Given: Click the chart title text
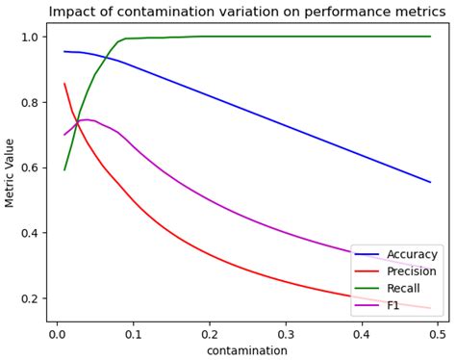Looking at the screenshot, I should (x=248, y=13).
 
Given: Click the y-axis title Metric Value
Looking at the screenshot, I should (x=11, y=172).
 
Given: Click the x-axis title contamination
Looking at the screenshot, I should (x=247, y=350).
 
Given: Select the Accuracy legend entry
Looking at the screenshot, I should (x=412, y=254).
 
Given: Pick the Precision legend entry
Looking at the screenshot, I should (x=412, y=271).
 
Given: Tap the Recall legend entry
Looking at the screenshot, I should (x=405, y=289).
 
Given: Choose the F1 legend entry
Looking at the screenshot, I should (x=394, y=306).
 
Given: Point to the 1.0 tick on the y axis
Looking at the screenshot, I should (x=30, y=37).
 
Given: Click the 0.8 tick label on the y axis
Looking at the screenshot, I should (x=30, y=102).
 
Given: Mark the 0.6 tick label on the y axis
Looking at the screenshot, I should (x=30, y=167).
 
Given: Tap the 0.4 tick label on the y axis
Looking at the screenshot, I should (x=30, y=233).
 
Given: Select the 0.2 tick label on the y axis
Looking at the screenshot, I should (x=30, y=298).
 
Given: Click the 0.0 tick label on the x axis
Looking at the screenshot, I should (x=57, y=333).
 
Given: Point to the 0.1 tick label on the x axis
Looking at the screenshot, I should (x=133, y=333).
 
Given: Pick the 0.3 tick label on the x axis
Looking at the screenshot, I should (x=285, y=333).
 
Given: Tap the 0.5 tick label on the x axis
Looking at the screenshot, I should (x=438, y=333).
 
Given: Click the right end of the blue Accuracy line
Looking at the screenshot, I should (x=430, y=182).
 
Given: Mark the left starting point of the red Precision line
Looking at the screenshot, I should (x=64, y=84).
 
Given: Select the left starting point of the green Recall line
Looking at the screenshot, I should (x=64, y=169).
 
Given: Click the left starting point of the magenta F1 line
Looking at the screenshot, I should (x=64, y=135).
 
